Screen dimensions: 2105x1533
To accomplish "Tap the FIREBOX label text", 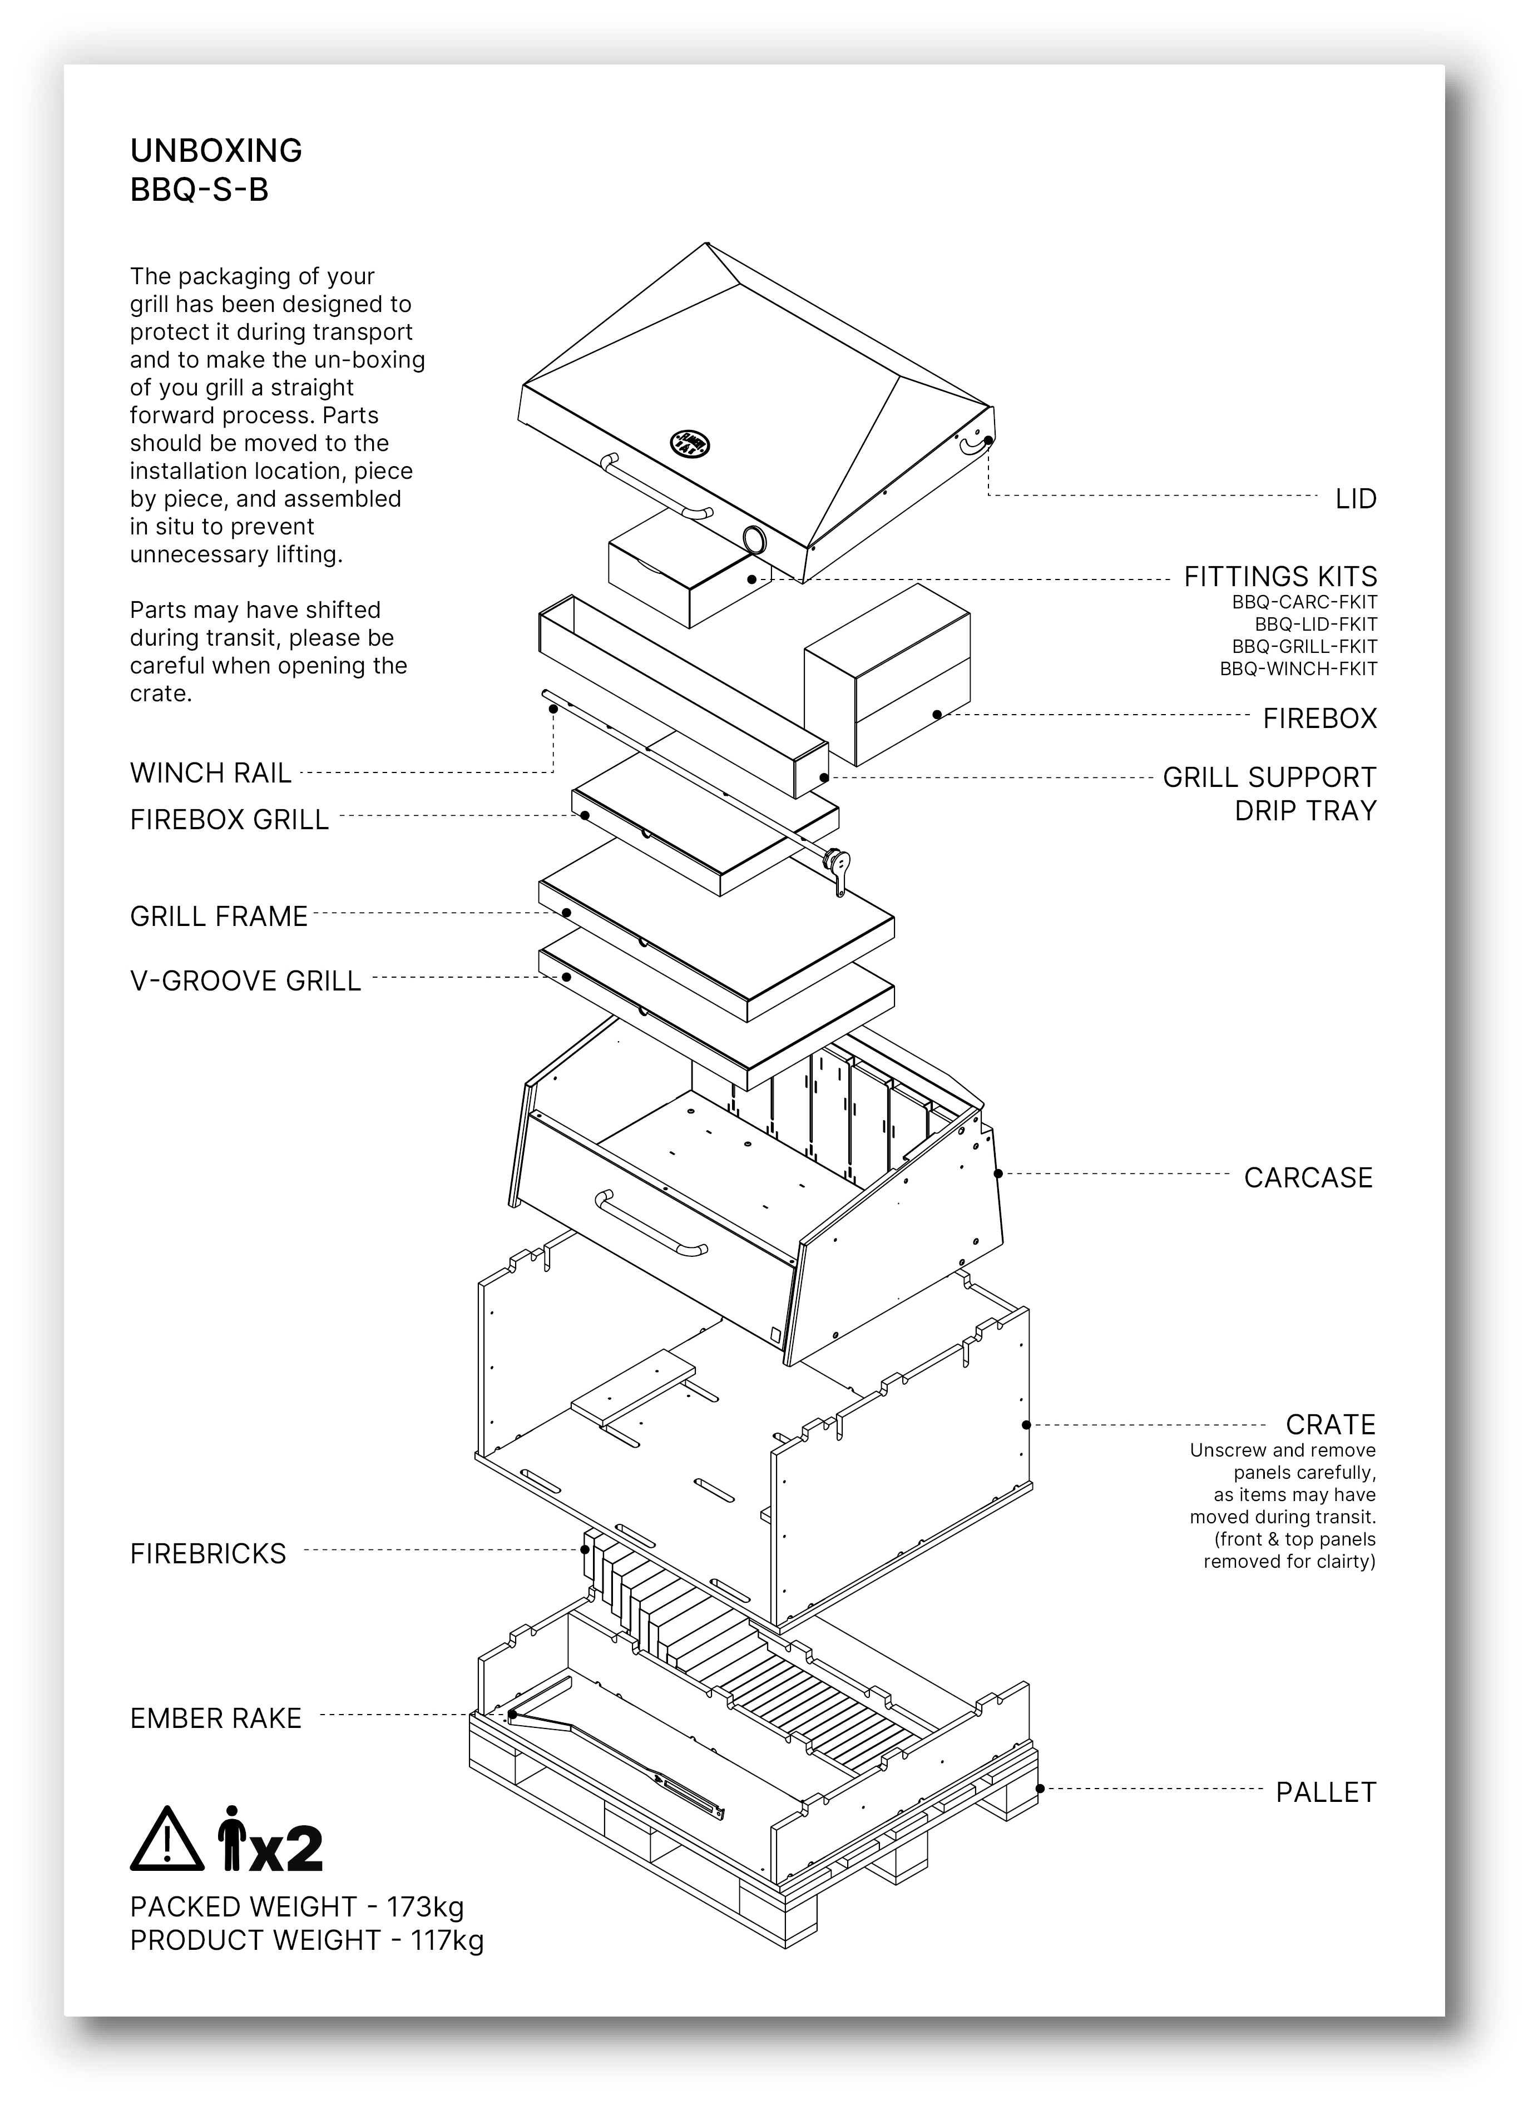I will (1319, 719).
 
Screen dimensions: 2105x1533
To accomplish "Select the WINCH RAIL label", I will (211, 772).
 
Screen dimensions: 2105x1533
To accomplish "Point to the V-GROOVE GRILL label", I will (245, 981).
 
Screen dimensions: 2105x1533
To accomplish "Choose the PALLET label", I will (1325, 1792).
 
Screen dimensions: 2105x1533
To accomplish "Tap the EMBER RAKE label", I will (215, 1719).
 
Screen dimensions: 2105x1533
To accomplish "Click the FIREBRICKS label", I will (208, 1554).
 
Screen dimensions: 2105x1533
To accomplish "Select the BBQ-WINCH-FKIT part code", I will (1298, 669).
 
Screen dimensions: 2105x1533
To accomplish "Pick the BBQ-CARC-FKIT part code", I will (1304, 601).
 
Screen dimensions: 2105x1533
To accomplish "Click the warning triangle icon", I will (166, 1839).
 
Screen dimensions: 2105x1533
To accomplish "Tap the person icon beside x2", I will (231, 1839).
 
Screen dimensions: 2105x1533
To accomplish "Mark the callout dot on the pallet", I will (1040, 1789).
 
